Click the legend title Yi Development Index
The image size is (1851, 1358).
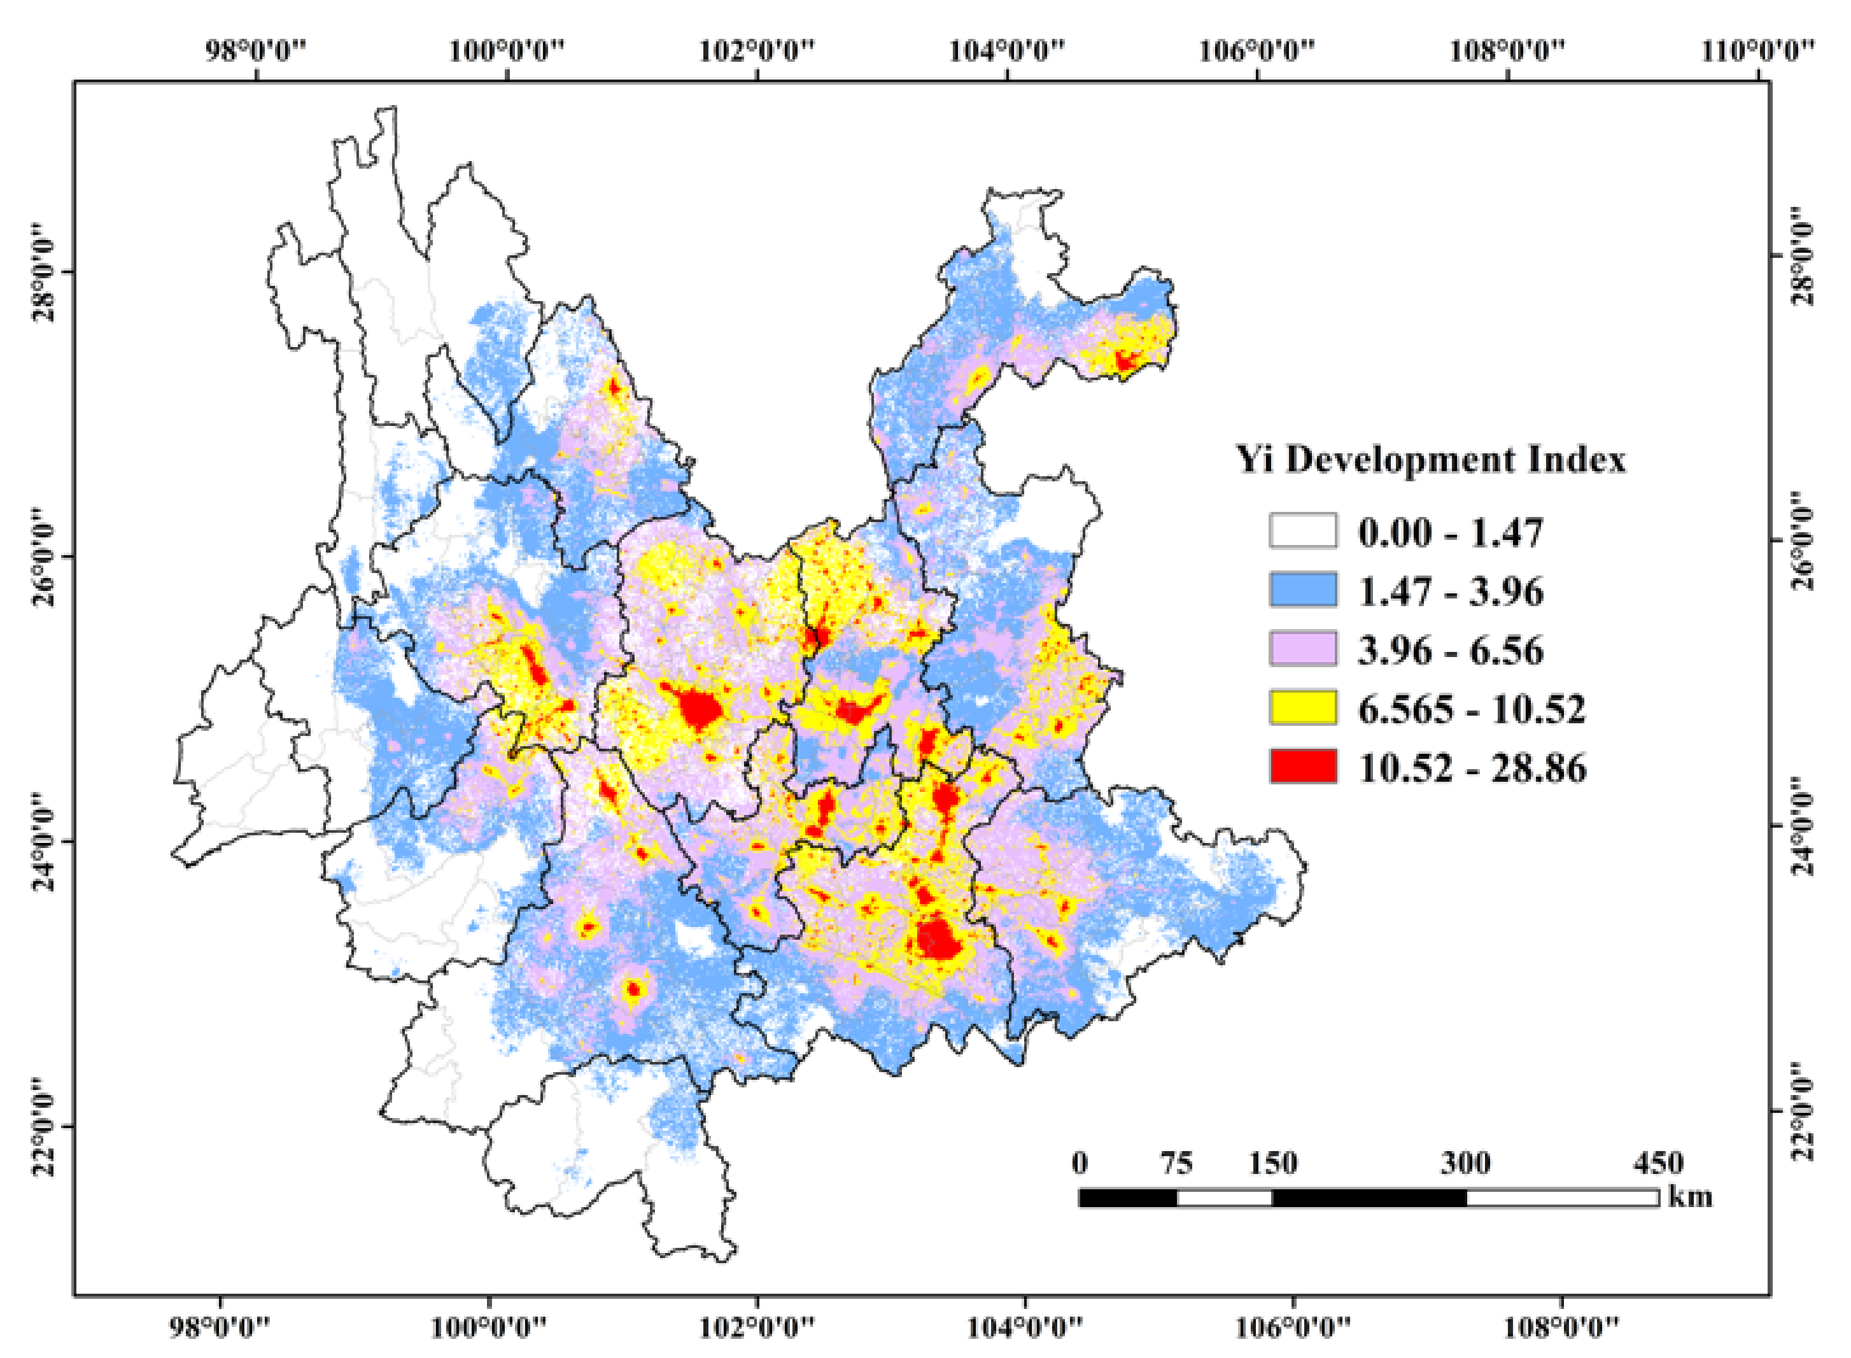[x=1431, y=460]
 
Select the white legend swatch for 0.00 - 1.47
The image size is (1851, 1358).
[x=1303, y=531]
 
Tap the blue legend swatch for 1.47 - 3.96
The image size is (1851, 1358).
[x=1303, y=590]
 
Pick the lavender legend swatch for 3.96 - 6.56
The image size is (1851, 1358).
[x=1303, y=649]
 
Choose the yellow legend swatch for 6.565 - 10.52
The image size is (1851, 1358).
[x=1303, y=708]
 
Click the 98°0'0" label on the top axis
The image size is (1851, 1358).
[x=256, y=50]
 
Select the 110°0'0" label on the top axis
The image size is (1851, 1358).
[x=1757, y=50]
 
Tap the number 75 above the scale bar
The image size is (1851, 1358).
[x=1176, y=1163]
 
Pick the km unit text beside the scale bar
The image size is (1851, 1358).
[x=1690, y=1197]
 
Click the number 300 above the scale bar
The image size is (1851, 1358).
[x=1465, y=1163]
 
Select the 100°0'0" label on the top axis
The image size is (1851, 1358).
[x=507, y=50]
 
